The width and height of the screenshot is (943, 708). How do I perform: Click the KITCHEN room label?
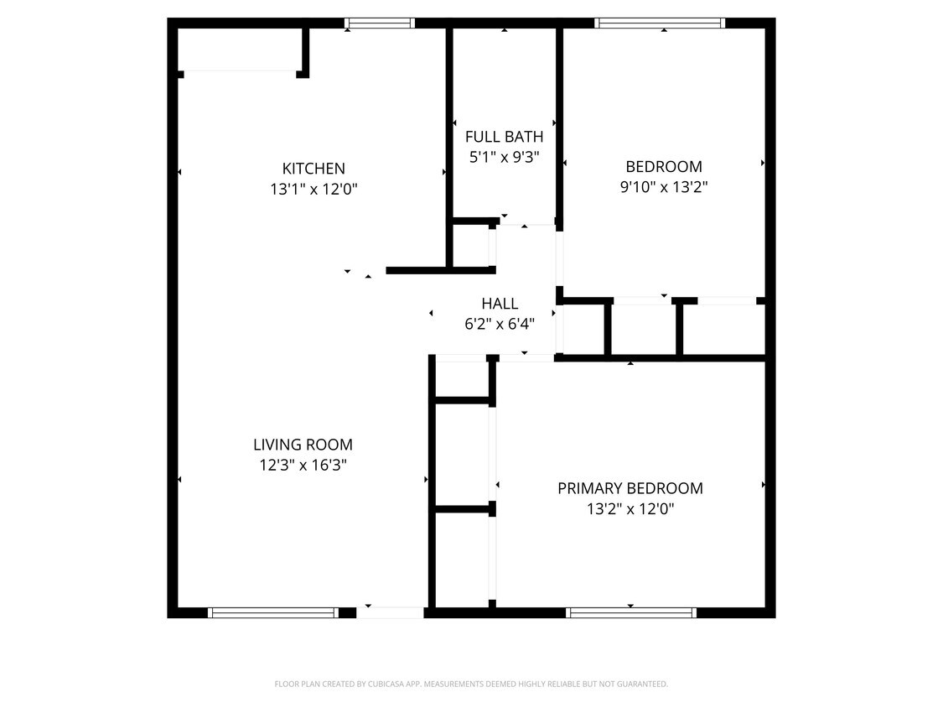[x=313, y=169]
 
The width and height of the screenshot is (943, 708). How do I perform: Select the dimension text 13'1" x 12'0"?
[x=313, y=190]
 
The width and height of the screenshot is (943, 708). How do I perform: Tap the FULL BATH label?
[x=504, y=137]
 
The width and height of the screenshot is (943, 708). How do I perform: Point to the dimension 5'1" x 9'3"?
[x=504, y=157]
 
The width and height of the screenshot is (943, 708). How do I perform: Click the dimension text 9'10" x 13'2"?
[x=664, y=187]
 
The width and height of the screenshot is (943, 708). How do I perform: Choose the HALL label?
[x=500, y=304]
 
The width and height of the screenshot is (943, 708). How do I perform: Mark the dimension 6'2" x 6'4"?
[x=500, y=323]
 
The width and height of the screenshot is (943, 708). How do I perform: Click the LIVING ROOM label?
[x=303, y=445]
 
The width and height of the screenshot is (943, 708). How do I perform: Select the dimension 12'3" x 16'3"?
[x=303, y=465]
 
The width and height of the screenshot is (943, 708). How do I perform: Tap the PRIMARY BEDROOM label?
[x=630, y=488]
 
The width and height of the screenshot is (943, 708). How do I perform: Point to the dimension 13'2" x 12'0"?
[x=630, y=508]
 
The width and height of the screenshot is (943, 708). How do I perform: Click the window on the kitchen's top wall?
[x=380, y=23]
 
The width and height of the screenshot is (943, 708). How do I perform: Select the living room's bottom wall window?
[x=272, y=612]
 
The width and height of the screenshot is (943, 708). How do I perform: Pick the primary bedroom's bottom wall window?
[x=631, y=612]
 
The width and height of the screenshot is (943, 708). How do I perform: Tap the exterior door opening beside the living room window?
[x=391, y=612]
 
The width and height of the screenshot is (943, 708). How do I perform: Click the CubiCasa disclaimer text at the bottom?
[x=471, y=685]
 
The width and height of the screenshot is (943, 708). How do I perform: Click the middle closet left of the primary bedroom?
[x=462, y=455]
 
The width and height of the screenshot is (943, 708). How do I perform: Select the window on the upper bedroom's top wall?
[x=660, y=23]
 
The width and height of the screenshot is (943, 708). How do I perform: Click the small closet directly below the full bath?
[x=471, y=245]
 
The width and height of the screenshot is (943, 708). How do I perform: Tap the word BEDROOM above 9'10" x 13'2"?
[x=664, y=166]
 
